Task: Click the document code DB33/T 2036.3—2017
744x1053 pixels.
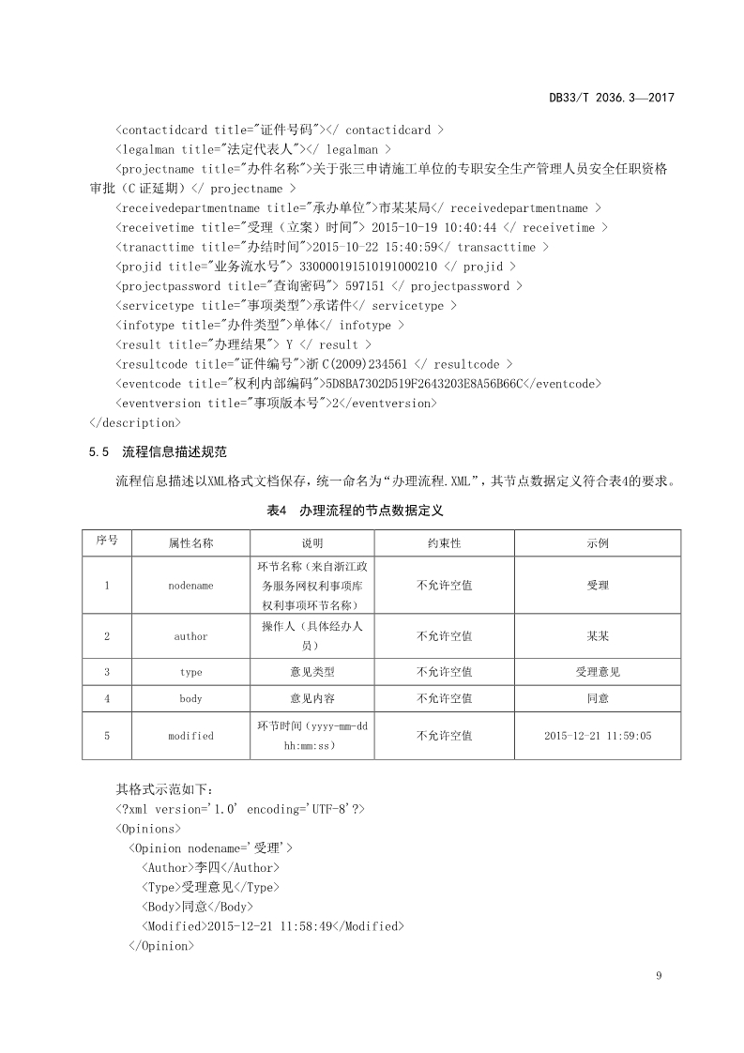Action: (x=612, y=97)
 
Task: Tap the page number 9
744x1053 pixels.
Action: (x=660, y=976)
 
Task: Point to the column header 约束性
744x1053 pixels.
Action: (x=444, y=543)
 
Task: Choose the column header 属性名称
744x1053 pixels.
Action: (x=190, y=543)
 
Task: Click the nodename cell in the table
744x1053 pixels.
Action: (x=190, y=586)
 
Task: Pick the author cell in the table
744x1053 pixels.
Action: (x=190, y=636)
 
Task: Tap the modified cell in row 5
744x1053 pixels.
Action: (x=190, y=736)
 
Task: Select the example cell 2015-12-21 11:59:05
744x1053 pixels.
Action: (x=598, y=736)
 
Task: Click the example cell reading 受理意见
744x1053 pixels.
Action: (x=598, y=672)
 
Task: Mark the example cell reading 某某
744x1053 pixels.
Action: (x=598, y=636)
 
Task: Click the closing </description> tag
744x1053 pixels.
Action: (x=134, y=422)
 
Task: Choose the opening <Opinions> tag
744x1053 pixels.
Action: (x=148, y=829)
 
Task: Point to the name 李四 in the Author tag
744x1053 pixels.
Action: (x=205, y=868)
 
